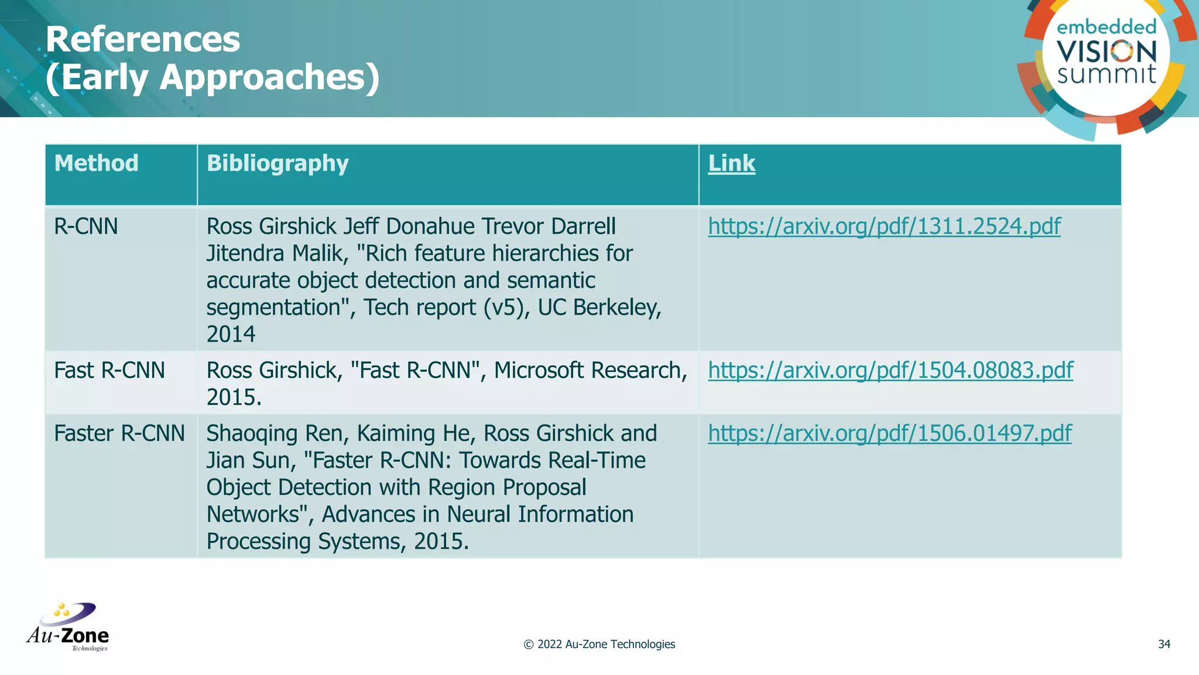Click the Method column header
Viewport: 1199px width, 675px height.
pos(96,163)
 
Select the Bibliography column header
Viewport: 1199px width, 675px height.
pos(278,163)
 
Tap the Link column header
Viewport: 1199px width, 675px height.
pos(731,163)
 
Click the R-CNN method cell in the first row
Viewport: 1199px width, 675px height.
pos(86,226)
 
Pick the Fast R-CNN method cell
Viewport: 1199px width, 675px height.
pos(109,370)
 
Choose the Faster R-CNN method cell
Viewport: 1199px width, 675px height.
pos(119,434)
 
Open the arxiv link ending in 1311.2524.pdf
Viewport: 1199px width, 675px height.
pos(884,226)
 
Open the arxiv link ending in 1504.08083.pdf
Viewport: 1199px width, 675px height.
pos(890,370)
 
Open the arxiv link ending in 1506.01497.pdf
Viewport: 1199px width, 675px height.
pos(890,434)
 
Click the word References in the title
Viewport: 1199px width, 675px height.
pos(143,40)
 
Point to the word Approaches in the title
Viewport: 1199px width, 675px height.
pos(270,77)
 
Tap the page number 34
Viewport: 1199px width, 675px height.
pos(1164,645)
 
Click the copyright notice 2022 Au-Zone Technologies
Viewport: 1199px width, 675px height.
pos(599,645)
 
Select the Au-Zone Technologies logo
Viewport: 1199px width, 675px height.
pos(68,627)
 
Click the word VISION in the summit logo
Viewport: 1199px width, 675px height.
pos(1106,52)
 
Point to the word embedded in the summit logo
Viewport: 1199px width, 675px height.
pos(1106,27)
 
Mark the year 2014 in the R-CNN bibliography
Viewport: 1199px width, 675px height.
pos(231,335)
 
